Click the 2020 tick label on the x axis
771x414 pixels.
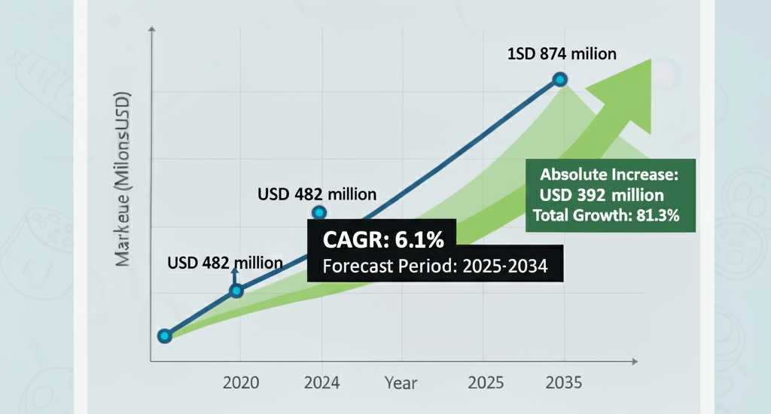[x=241, y=382]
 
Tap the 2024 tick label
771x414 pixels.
[x=322, y=382]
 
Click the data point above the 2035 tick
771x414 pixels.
[x=560, y=80]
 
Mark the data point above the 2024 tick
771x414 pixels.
[x=319, y=213]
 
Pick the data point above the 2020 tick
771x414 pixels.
[x=236, y=291]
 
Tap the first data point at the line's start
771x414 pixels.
[x=165, y=336]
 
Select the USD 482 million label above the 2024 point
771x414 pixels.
[x=316, y=194]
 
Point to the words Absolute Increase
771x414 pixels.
[x=610, y=175]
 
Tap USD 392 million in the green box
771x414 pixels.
[x=601, y=196]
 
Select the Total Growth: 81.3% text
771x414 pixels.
[x=607, y=216]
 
